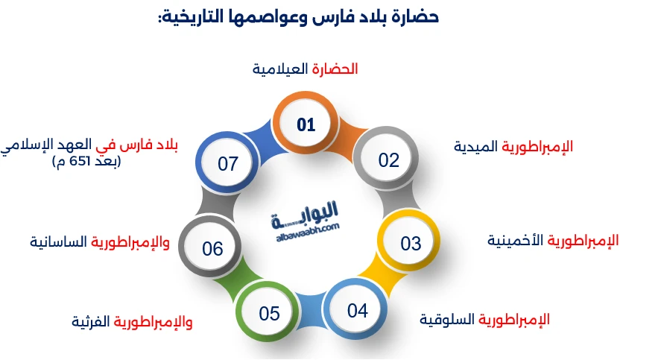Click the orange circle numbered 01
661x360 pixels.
pyautogui.click(x=306, y=125)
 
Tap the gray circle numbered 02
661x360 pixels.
pyautogui.click(x=388, y=160)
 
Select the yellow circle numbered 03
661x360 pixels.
pyautogui.click(x=411, y=243)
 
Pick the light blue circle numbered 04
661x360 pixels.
pyautogui.click(x=358, y=310)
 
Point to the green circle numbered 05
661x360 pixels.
pyautogui.click(x=269, y=314)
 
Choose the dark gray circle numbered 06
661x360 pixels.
pyautogui.click(x=213, y=248)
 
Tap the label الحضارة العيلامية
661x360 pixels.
pyautogui.click(x=305, y=69)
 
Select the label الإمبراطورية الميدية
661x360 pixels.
pyautogui.click(x=513, y=146)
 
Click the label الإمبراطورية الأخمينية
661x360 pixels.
pyautogui.click(x=553, y=241)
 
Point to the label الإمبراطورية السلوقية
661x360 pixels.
pyautogui.click(x=484, y=320)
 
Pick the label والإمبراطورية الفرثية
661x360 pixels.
pyautogui.click(x=132, y=322)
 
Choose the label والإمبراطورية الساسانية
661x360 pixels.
pyautogui.click(x=99, y=242)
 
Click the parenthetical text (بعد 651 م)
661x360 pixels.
pyautogui.click(x=87, y=161)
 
